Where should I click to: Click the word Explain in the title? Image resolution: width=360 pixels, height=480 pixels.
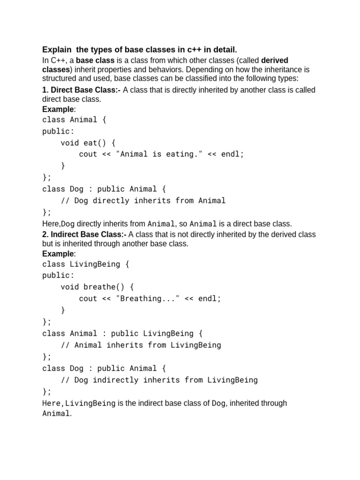point(57,50)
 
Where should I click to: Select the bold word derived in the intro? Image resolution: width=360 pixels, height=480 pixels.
point(274,60)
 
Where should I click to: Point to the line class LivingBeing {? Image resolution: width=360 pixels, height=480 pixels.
point(85,264)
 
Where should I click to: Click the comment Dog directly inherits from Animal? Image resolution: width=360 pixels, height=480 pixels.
point(143,201)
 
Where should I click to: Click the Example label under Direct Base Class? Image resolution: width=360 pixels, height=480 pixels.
point(58,109)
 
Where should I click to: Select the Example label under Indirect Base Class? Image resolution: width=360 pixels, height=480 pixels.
point(58,254)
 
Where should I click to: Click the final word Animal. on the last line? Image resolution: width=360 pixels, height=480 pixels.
point(57,413)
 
